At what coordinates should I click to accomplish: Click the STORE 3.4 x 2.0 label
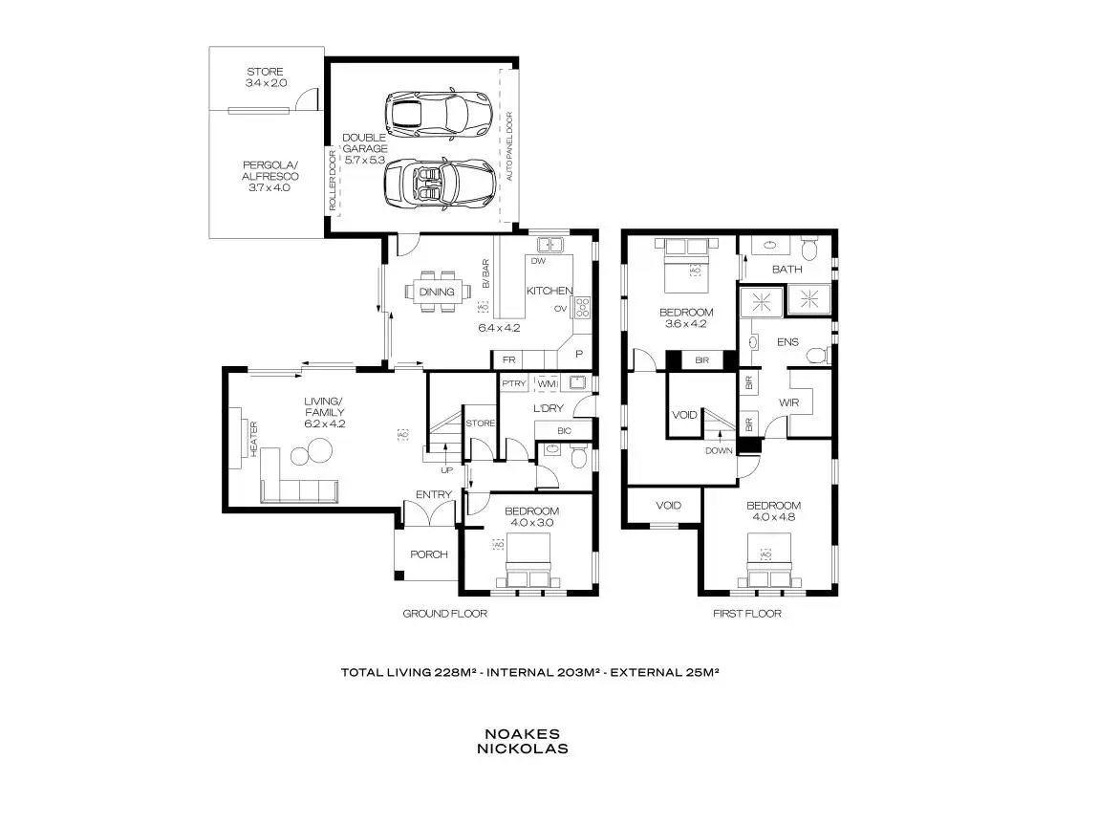point(265,77)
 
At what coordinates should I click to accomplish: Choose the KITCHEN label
point(549,291)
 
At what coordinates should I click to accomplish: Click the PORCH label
point(429,554)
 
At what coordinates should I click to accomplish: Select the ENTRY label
point(433,494)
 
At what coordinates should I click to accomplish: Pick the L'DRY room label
point(548,409)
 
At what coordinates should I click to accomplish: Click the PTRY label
point(510,384)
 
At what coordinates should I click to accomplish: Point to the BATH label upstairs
point(787,270)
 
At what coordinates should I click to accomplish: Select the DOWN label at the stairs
point(718,451)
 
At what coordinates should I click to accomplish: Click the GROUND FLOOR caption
point(444,614)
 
